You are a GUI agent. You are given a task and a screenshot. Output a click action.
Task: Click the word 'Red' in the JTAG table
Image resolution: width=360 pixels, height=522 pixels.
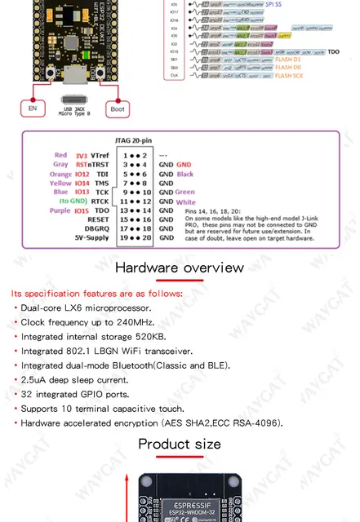point(60,154)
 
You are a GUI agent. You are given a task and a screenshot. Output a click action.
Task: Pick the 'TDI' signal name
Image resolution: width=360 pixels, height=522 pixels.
point(101,175)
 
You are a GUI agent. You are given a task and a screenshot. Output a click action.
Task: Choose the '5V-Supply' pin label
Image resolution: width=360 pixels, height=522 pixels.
point(92,239)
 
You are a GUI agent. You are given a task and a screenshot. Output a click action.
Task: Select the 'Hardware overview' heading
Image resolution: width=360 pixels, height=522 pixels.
point(179,268)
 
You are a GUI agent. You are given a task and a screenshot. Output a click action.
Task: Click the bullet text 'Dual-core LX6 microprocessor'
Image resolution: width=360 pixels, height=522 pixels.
point(86,307)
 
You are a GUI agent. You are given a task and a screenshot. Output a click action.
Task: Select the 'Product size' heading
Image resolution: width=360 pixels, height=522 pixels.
point(179,444)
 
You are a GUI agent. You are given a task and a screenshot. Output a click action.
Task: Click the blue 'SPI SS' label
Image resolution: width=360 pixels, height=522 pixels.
point(275,4)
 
